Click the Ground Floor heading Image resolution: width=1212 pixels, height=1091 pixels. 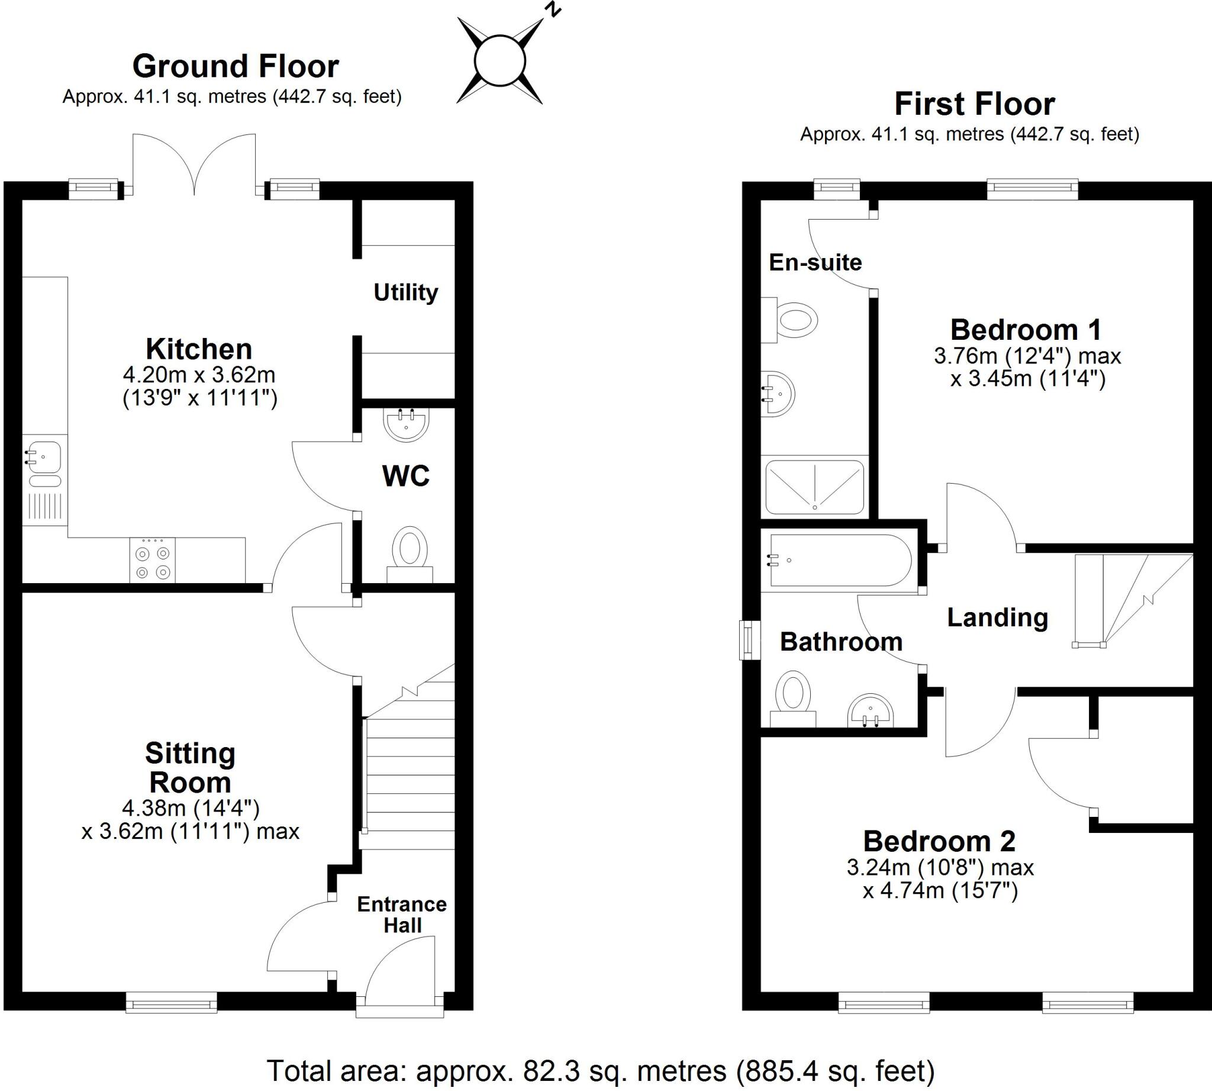tap(236, 66)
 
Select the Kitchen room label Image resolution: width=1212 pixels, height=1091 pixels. tap(199, 349)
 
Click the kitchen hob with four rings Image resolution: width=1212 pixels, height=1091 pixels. tap(152, 561)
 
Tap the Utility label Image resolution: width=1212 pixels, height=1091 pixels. tap(406, 292)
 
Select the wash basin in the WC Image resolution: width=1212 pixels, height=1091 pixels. tap(407, 424)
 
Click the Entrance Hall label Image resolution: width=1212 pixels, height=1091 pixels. tap(402, 914)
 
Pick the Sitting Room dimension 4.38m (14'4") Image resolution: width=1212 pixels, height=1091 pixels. tap(191, 809)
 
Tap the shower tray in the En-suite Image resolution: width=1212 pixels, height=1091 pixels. tap(814, 487)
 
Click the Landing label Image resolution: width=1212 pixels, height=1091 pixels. tap(997, 617)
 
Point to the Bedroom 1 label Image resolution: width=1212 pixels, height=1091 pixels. tap(1026, 330)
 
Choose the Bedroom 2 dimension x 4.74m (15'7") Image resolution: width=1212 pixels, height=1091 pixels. tap(940, 892)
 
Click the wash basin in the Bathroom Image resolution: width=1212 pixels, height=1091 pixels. tap(871, 711)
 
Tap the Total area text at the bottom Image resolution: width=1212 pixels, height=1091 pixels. tap(601, 1071)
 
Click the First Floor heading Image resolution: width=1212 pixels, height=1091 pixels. tap(975, 104)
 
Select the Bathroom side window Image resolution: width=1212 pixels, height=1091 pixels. tap(749, 640)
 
